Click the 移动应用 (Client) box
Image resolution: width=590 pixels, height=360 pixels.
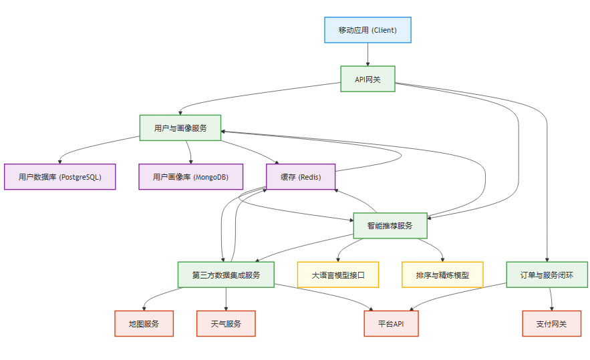(x=367, y=29)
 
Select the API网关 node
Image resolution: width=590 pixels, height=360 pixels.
(x=367, y=79)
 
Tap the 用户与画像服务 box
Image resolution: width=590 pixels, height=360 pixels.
(x=180, y=128)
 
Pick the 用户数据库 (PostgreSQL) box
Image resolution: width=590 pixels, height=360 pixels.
(x=60, y=177)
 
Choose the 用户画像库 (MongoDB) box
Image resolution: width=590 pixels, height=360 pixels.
(x=191, y=177)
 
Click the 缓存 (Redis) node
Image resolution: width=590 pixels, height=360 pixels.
(x=300, y=177)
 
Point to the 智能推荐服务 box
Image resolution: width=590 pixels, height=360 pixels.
(x=390, y=226)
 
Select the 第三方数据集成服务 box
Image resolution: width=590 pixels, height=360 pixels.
(x=226, y=275)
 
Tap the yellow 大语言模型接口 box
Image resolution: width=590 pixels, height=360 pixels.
(x=337, y=275)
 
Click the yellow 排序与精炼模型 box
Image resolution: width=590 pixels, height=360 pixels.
(x=442, y=275)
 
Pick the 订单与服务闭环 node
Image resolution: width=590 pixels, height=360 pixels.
(x=547, y=275)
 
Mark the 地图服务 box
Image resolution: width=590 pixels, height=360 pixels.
(x=144, y=323)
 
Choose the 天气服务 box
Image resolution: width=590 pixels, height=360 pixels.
(x=226, y=323)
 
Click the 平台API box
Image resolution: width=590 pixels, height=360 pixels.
(x=391, y=323)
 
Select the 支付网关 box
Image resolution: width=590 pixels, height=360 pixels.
(x=551, y=323)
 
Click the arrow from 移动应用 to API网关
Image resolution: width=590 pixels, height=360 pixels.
(x=367, y=54)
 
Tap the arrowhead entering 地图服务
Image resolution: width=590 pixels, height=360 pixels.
(x=144, y=308)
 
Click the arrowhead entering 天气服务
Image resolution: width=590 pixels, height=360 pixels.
(x=226, y=308)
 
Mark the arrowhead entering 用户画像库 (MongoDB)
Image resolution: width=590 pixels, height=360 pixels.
(x=191, y=162)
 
